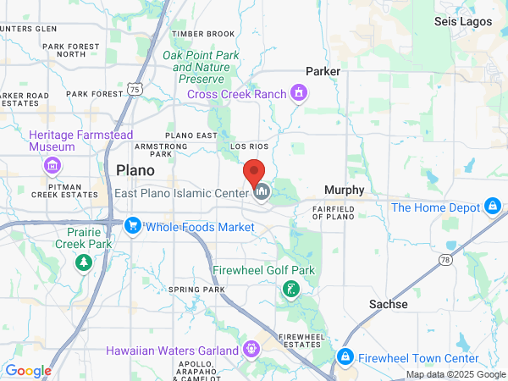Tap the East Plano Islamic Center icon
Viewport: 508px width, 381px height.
[x=262, y=193]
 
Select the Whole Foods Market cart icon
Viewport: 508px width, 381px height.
[x=132, y=226]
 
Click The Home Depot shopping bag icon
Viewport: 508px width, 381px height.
[x=492, y=207]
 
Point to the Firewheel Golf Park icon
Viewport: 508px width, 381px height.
[x=290, y=290]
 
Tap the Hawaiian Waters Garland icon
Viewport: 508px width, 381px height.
[x=251, y=349]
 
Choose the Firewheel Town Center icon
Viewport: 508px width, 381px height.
[x=345, y=356]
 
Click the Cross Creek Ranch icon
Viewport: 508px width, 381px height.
[x=298, y=92]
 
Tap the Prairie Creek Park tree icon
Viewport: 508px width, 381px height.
[x=83, y=262]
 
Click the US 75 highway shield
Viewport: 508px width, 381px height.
[x=135, y=88]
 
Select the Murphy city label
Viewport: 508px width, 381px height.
[x=345, y=190]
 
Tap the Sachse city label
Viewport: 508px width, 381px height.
[x=388, y=303]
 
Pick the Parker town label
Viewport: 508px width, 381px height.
[x=323, y=72]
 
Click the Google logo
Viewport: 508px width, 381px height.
[x=28, y=370]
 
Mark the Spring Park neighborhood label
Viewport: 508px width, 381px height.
[x=196, y=290]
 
